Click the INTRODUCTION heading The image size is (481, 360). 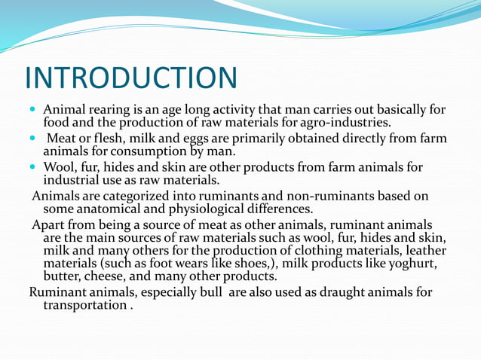point(130,78)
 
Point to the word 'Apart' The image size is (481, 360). point(48,225)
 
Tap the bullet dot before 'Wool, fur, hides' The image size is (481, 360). point(34,167)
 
